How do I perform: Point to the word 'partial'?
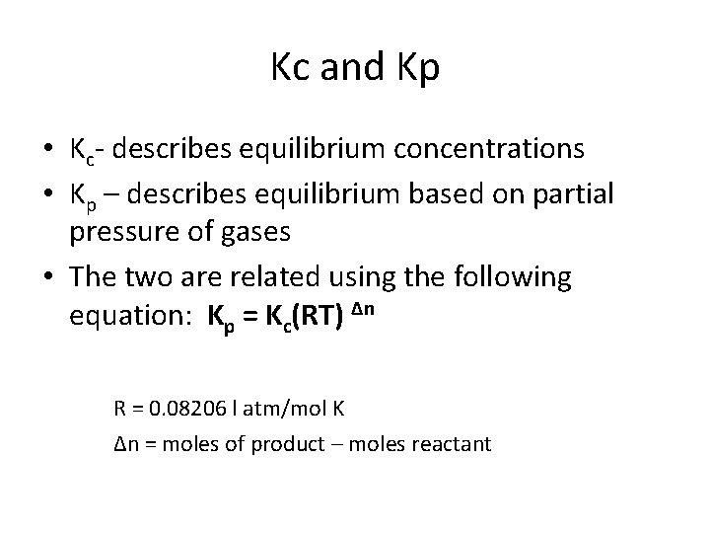(x=576, y=194)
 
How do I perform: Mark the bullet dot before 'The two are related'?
(x=46, y=277)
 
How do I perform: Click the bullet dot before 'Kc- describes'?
(x=46, y=151)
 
